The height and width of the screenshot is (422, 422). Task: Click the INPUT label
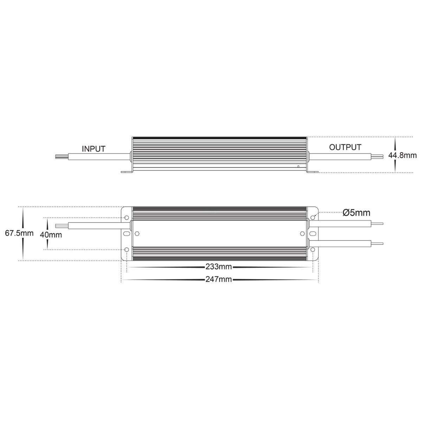point(94,149)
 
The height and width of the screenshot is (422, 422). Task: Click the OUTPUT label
point(345,147)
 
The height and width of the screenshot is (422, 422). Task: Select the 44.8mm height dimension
point(403,155)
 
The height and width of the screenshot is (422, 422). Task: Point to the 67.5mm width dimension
point(19,233)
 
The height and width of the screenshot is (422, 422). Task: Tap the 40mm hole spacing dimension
point(51,235)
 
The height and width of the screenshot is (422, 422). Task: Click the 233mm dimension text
point(218,267)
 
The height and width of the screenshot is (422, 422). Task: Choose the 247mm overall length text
point(218,280)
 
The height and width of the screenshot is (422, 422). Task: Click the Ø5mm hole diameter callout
point(356,213)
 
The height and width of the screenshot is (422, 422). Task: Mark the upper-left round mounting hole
point(126,218)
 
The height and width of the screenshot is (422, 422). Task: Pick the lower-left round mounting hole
point(126,250)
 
